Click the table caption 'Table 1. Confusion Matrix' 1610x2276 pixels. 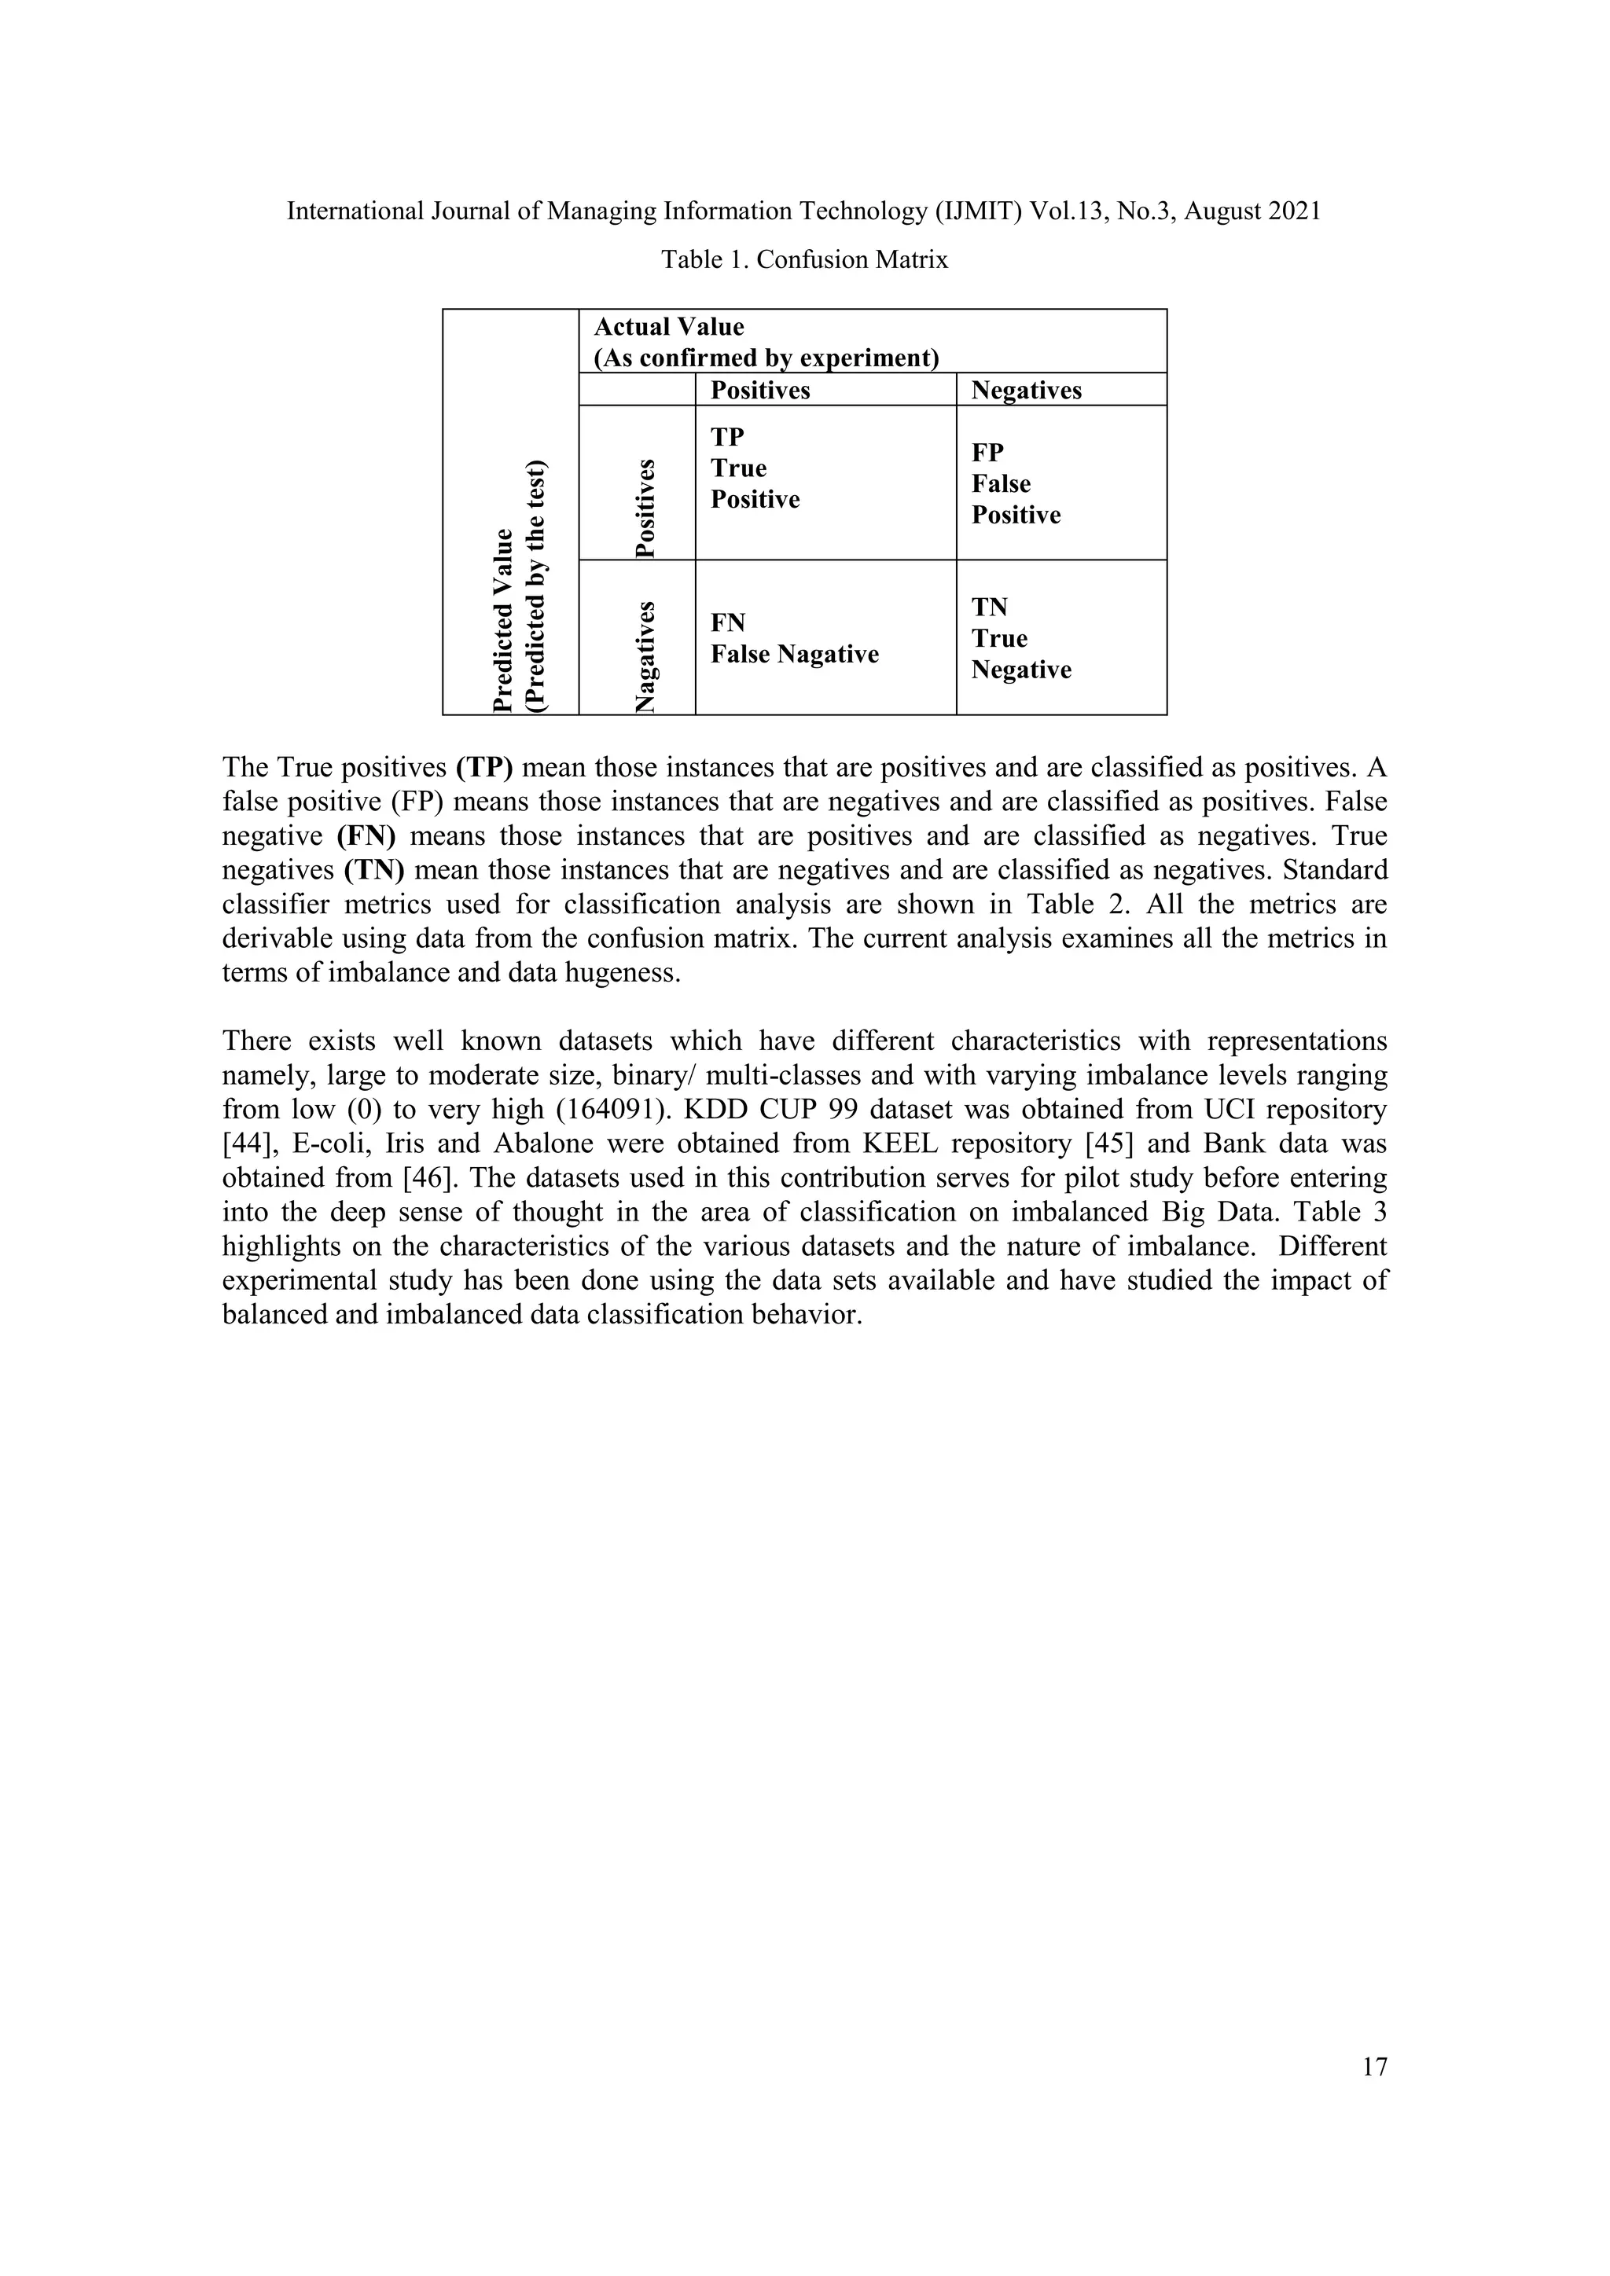(804, 259)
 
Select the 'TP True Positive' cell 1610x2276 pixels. (755, 469)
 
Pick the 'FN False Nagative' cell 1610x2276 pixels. (794, 638)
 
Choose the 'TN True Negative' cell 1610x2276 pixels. (1020, 638)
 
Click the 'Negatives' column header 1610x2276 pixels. (1026, 391)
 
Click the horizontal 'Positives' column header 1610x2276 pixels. (759, 391)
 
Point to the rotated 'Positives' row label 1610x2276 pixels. (645, 508)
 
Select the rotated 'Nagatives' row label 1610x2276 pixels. (645, 656)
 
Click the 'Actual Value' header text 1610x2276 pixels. (668, 327)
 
